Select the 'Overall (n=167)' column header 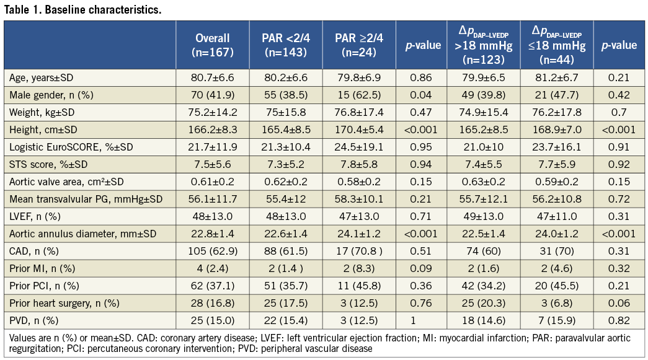[213, 45]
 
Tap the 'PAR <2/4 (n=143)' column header [286, 45]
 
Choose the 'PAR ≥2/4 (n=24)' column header [359, 45]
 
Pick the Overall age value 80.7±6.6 [213, 77]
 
